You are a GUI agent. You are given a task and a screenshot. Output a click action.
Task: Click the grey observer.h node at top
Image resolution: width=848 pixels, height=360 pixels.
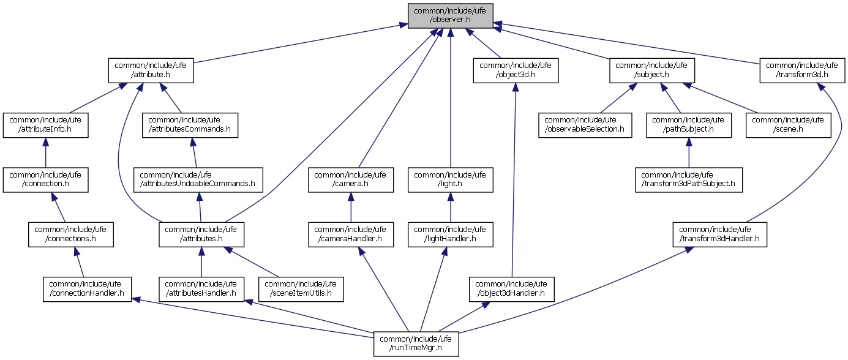(450, 15)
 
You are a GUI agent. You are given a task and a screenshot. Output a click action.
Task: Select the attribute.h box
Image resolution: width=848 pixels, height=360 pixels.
(151, 70)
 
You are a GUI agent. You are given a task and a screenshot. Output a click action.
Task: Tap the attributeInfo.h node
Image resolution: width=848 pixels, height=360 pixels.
(45, 125)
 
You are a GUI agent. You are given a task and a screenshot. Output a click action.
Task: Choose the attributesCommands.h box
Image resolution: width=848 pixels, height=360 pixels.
(190, 125)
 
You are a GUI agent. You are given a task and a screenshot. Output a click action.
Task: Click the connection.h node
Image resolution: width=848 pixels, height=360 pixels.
(45, 179)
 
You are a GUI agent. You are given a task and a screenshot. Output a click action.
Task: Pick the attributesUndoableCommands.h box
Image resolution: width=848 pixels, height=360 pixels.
(198, 179)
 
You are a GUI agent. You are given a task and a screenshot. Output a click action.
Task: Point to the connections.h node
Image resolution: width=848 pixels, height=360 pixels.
(70, 234)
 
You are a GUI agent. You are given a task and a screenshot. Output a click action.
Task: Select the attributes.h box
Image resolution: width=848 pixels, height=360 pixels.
(201, 234)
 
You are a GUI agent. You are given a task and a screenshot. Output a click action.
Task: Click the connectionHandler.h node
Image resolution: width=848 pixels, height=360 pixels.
(86, 289)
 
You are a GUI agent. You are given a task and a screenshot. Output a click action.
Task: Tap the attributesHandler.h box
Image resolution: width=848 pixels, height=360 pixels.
(201, 289)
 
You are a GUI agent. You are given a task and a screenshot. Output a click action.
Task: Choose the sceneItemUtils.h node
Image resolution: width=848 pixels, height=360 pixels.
(301, 289)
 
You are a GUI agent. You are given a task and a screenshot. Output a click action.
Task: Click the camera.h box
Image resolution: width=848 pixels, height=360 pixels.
(350, 179)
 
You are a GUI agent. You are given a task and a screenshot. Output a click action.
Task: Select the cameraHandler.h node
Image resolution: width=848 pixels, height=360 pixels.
(350, 234)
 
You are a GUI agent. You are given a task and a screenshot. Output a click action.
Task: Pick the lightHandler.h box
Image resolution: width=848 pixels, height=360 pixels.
(451, 234)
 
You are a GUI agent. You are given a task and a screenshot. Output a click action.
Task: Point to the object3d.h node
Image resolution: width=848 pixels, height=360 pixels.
(516, 70)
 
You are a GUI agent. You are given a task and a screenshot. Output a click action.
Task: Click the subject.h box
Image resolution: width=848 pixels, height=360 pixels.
(651, 70)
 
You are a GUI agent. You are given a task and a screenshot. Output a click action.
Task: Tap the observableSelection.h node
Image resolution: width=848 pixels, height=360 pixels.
(585, 125)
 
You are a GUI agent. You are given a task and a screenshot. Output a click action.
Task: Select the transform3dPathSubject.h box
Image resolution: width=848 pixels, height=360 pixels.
(688, 179)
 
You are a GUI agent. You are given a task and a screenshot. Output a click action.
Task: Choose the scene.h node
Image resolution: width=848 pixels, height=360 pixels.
(788, 125)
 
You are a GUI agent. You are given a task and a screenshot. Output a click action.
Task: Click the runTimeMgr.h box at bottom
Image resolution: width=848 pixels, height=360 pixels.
(416, 343)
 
